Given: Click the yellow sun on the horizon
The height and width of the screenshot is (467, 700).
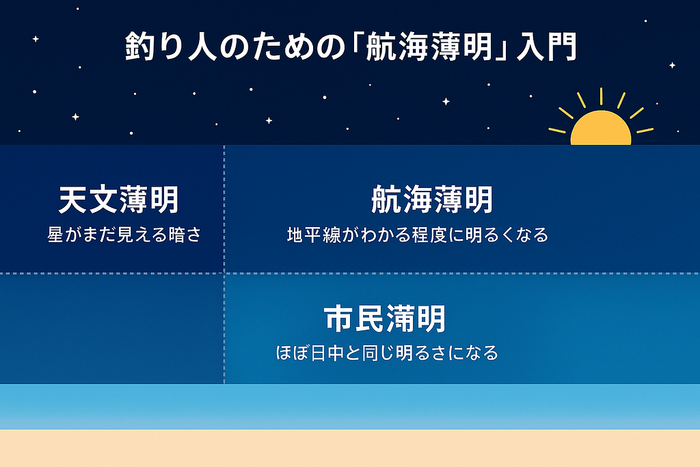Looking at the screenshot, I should [x=601, y=131].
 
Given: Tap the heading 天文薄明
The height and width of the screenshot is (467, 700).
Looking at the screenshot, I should [x=118, y=201].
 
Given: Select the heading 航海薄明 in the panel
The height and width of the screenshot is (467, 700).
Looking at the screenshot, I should [x=431, y=201].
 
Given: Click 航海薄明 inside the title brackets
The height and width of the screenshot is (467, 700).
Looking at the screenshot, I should [x=431, y=50].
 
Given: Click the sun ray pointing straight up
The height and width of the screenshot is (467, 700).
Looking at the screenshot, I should [x=601, y=95].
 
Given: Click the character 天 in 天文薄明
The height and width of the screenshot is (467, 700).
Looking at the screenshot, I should [x=73, y=201].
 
